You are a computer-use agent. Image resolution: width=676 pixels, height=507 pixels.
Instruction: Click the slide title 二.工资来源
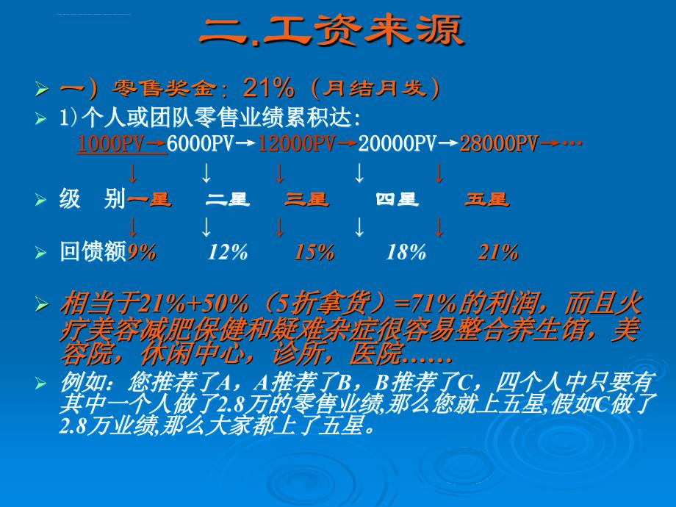tap(331, 30)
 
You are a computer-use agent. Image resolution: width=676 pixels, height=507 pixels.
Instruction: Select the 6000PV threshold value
tap(200, 143)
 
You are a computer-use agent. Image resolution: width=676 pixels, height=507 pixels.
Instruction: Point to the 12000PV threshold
tap(297, 143)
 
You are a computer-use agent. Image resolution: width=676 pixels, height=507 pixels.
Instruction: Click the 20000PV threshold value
tap(398, 143)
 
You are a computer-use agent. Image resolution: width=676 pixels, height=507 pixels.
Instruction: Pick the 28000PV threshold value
tap(499, 143)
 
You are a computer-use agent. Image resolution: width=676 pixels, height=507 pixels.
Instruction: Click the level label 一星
tap(150, 200)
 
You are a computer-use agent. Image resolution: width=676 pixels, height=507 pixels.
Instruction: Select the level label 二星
tap(228, 200)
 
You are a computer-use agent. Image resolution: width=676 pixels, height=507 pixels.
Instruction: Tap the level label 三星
tap(306, 200)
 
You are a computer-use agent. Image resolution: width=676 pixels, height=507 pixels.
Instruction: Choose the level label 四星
tap(397, 200)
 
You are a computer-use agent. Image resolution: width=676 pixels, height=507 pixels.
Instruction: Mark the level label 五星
tap(487, 200)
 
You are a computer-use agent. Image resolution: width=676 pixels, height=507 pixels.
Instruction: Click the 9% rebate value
tap(142, 252)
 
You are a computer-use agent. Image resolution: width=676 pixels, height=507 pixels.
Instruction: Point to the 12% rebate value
tap(228, 252)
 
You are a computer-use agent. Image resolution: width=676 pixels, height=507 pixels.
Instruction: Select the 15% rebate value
tap(314, 252)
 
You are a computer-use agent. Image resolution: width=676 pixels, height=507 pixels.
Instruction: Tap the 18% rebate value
tap(406, 252)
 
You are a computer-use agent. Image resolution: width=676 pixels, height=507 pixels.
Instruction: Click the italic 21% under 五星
tap(498, 252)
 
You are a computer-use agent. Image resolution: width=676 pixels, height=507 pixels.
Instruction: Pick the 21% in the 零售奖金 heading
tap(269, 88)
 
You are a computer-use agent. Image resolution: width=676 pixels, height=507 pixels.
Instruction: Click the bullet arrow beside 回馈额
tap(41, 252)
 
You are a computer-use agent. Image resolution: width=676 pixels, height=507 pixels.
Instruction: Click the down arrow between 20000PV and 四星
tap(359, 173)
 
